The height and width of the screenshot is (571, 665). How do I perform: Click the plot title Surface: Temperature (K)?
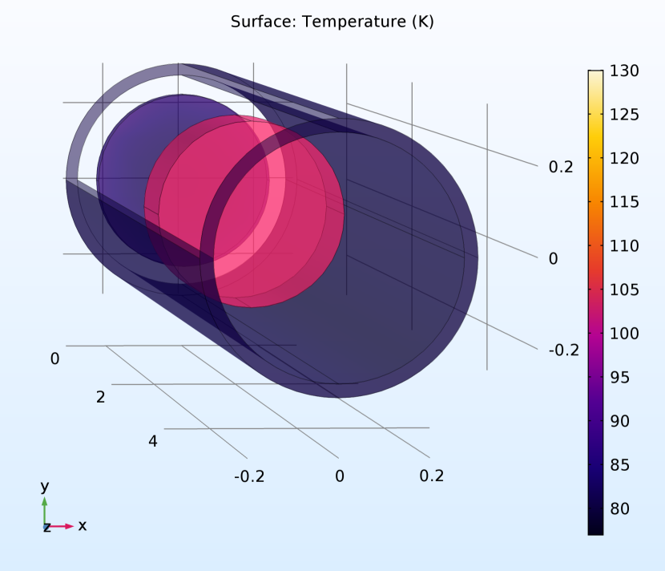[332, 22]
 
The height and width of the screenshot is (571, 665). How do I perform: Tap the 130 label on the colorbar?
[624, 71]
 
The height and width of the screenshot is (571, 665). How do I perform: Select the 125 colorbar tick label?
[624, 115]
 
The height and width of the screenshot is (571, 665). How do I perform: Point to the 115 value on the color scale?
[624, 202]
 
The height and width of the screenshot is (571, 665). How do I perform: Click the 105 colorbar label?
[624, 290]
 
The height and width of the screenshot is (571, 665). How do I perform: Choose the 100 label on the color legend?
[624, 334]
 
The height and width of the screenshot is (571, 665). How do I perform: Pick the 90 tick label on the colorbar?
[619, 421]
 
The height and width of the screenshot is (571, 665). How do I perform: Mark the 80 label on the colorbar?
[619, 508]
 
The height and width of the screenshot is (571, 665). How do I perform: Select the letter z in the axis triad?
[47, 527]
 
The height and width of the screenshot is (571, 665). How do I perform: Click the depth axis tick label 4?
[153, 440]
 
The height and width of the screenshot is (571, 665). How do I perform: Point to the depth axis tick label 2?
[100, 397]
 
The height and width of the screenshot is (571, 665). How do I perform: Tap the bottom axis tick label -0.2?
[248, 476]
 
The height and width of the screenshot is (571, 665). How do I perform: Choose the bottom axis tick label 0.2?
[431, 476]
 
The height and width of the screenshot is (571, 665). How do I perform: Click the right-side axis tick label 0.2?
[561, 167]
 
